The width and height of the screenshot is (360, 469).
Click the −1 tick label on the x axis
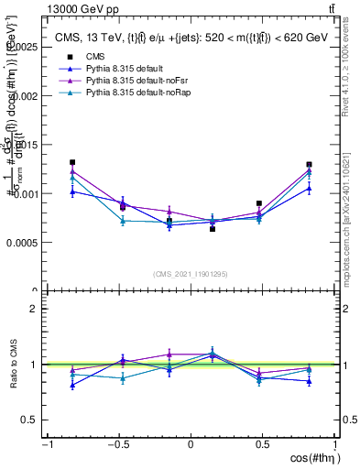coord(46,446)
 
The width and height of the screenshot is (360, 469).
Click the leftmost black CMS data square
coord(72,162)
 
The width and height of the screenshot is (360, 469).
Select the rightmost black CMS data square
coord(310,165)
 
